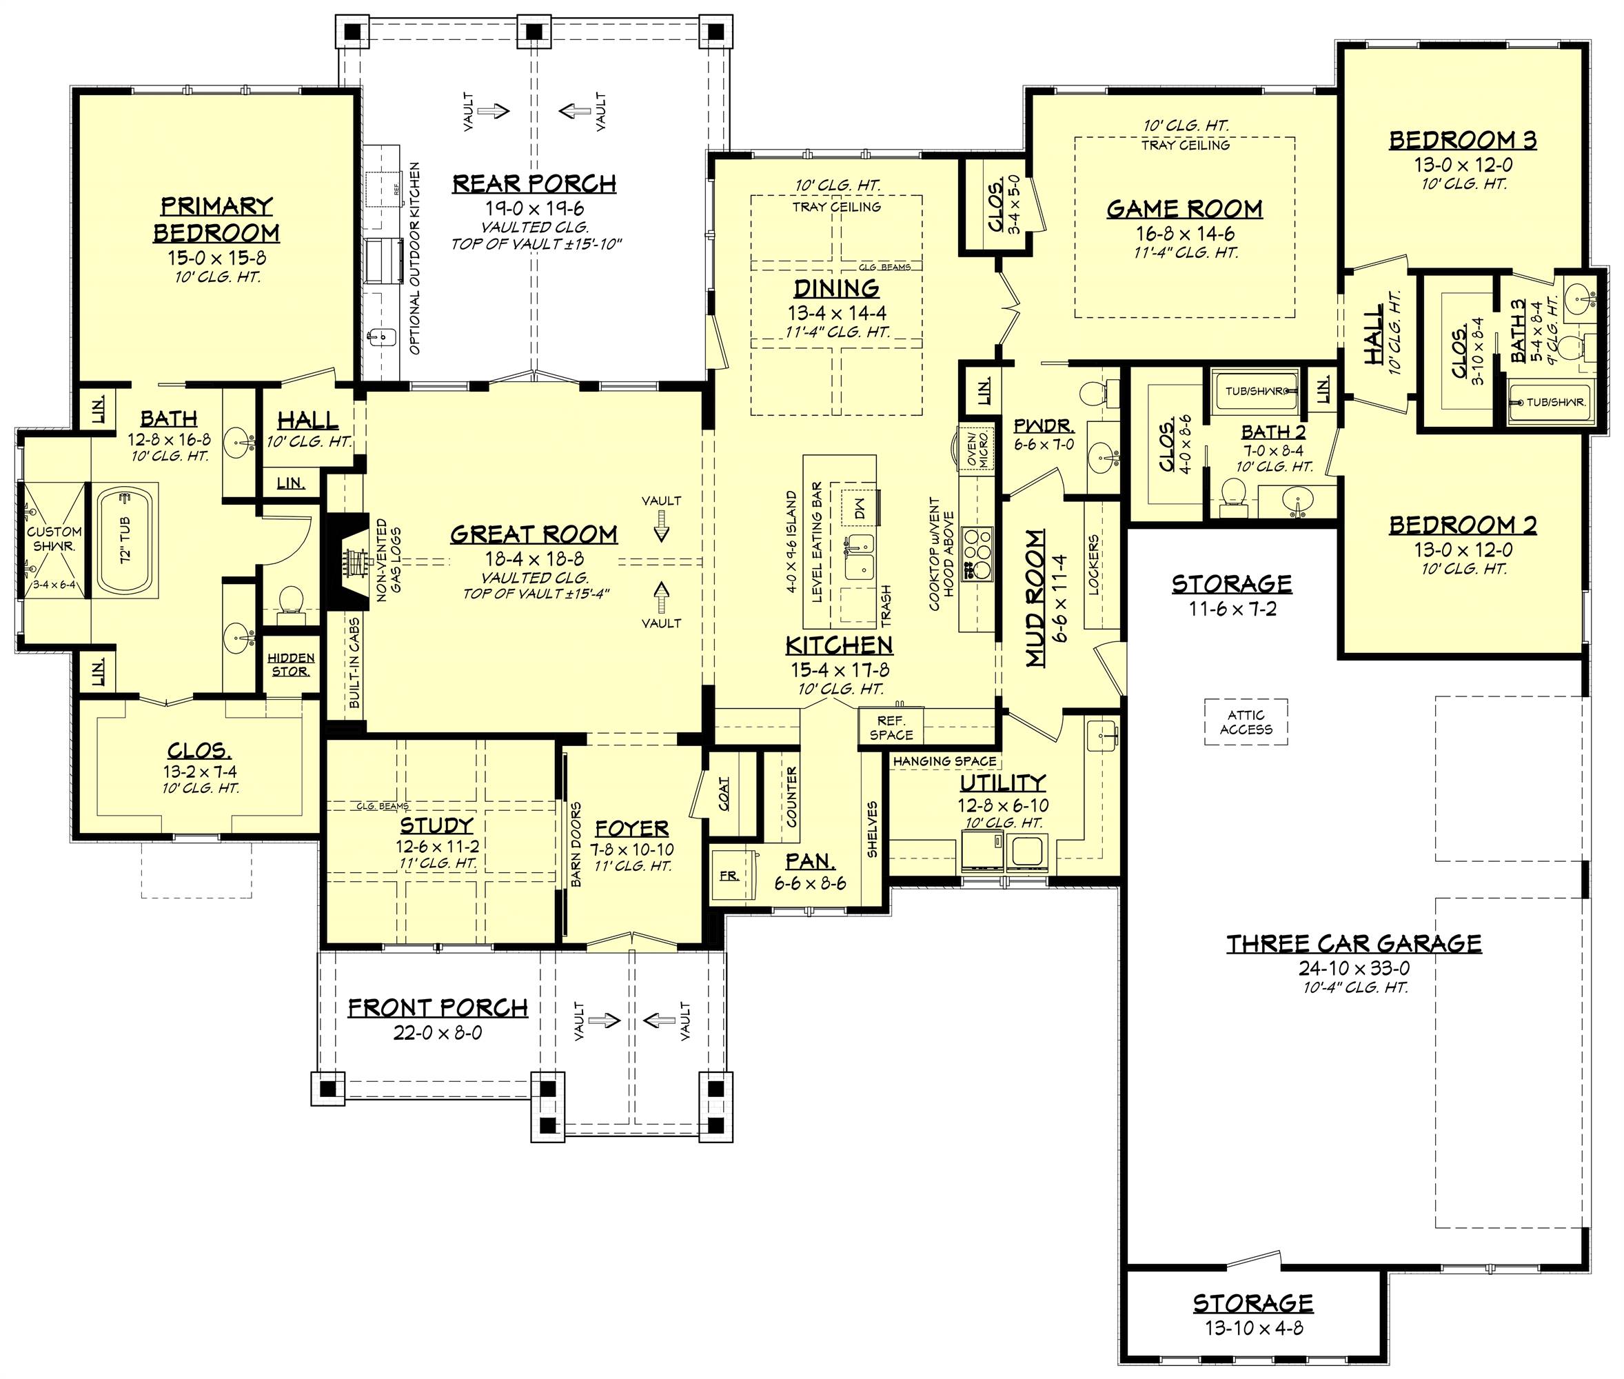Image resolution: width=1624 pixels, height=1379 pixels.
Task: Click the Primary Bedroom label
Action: (x=216, y=220)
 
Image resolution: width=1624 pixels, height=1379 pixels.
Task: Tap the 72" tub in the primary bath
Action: (x=127, y=540)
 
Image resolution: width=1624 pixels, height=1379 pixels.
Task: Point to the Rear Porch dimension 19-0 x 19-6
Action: (x=534, y=209)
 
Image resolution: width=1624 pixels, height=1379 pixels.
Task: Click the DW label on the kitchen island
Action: (x=860, y=510)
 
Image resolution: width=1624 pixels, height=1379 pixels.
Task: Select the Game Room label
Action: (x=1184, y=210)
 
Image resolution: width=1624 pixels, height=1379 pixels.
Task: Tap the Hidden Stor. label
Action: (x=291, y=665)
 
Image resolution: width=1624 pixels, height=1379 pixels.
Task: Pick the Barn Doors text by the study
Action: (x=576, y=844)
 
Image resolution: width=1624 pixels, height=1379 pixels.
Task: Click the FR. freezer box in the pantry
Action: (x=729, y=876)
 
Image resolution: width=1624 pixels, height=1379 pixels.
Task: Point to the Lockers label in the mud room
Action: (x=1093, y=565)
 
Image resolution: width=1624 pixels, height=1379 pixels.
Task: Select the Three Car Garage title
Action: (x=1353, y=945)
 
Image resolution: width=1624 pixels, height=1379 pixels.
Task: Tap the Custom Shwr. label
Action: (x=53, y=538)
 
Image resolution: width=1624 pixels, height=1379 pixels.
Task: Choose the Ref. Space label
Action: (x=891, y=728)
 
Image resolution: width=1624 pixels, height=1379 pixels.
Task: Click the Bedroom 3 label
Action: (x=1462, y=141)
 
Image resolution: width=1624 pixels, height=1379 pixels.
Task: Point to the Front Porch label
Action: (x=438, y=1009)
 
